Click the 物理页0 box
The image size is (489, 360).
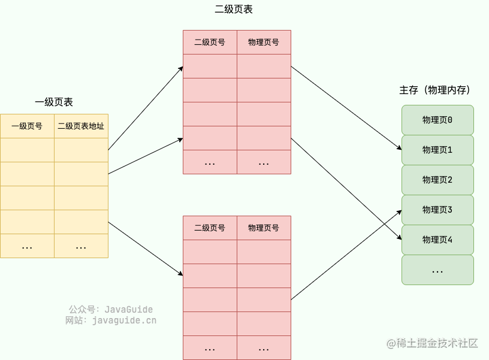click(437, 120)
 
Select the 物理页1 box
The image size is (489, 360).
click(437, 150)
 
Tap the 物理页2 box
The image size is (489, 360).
click(437, 180)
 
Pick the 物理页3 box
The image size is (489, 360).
click(437, 210)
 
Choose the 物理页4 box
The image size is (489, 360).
click(437, 240)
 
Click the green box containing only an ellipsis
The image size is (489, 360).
click(437, 270)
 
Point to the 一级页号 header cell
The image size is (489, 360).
click(27, 126)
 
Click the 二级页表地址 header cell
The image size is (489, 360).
click(81, 126)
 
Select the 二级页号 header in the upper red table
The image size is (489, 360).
click(210, 43)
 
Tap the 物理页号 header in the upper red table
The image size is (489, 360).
click(264, 43)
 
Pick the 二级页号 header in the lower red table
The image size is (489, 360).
click(210, 228)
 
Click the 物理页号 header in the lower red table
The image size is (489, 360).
click(264, 228)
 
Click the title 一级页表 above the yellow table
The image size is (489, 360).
click(54, 102)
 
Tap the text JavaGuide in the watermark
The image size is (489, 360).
click(129, 310)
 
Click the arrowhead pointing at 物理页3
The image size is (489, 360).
click(399, 211)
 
